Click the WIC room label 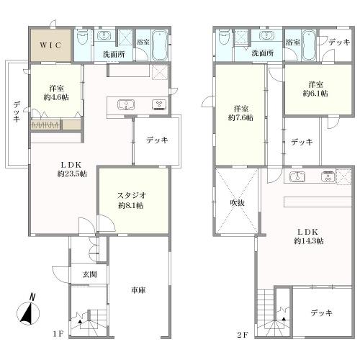point(50,45)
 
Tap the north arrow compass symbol point(28,311)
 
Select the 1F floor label point(58,334)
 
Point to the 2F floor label point(242,335)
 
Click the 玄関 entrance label point(89,274)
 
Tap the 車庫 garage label point(138,290)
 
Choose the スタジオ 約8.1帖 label point(131,200)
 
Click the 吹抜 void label point(238,203)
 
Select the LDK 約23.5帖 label point(72,169)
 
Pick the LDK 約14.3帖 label point(309,236)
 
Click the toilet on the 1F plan point(82,38)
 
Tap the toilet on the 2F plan point(224,37)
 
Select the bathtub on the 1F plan point(161,45)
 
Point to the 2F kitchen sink point(297,177)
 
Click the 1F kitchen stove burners point(159,104)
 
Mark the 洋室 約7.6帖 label point(240,113)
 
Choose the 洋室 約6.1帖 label point(315,89)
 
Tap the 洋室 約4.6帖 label point(56,93)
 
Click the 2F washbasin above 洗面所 point(266,36)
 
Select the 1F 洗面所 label point(114,54)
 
